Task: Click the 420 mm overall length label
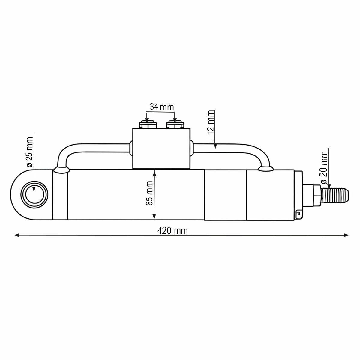[172, 231]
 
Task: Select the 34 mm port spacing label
[162, 107]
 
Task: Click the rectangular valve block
[161, 148]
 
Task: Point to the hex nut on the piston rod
[313, 195]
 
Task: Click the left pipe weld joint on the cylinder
[61, 170]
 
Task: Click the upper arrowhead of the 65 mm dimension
[154, 173]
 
